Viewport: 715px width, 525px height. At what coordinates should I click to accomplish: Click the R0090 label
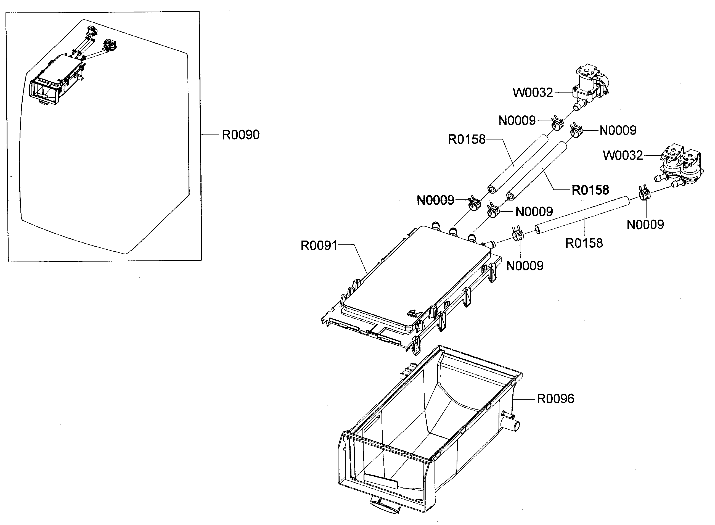pos(240,135)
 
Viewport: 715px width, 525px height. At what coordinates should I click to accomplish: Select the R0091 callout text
pos(319,245)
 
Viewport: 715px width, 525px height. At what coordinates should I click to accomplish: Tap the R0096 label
pos(555,399)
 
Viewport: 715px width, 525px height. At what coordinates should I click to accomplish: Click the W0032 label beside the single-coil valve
pos(533,93)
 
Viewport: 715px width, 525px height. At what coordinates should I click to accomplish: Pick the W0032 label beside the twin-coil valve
pos(623,155)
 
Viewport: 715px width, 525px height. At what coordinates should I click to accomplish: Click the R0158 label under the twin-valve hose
pos(584,243)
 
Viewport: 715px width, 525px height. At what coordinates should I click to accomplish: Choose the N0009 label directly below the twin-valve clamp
pos(645,225)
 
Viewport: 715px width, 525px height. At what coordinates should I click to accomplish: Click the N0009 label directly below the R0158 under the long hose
pos(525,266)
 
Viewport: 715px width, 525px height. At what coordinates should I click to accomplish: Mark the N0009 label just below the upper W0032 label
pos(517,120)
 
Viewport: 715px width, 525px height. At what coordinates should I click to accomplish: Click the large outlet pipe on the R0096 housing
pos(512,425)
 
